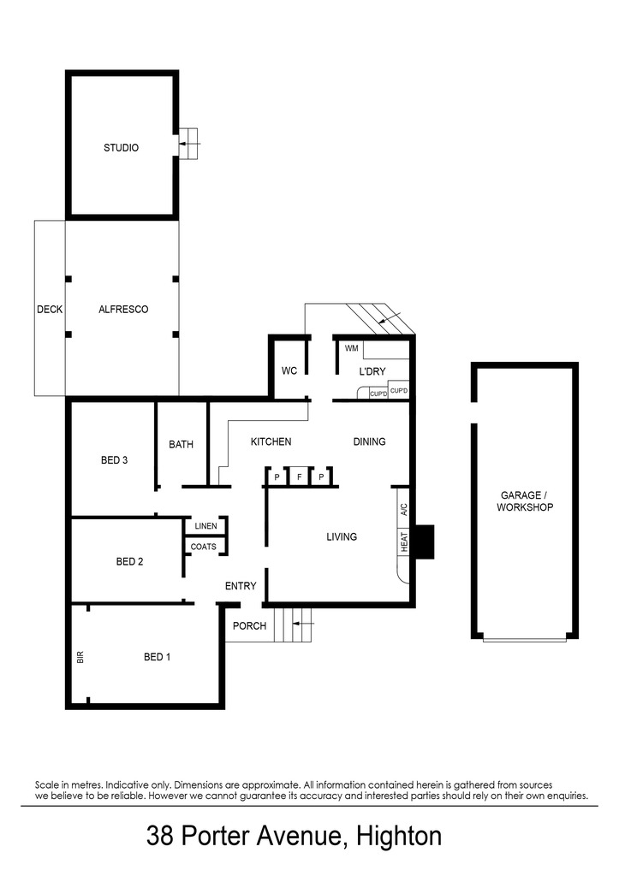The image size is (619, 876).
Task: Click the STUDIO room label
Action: point(121,148)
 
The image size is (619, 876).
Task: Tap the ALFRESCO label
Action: point(123,310)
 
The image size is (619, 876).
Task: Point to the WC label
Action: point(289,371)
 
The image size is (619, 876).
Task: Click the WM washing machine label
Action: point(351,349)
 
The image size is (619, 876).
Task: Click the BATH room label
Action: point(181,444)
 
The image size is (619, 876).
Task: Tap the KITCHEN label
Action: point(271,442)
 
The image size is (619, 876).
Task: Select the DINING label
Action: point(369,442)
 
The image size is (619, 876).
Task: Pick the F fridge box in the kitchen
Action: point(299,476)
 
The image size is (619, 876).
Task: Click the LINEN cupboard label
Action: point(205,526)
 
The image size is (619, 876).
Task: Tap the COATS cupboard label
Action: point(204,547)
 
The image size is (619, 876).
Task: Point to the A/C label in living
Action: point(403,509)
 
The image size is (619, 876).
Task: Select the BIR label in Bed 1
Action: point(80,657)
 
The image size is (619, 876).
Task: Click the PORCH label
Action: point(250,626)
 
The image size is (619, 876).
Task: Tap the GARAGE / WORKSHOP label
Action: point(525,501)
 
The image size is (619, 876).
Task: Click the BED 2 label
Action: point(129,562)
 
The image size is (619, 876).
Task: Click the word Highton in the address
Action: point(400,836)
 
